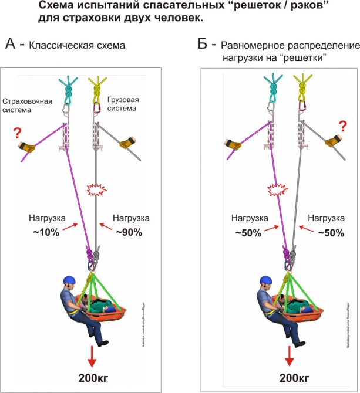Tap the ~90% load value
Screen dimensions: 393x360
(x=130, y=232)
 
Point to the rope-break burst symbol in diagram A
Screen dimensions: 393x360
(x=95, y=189)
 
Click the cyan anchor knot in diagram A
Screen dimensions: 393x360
(x=69, y=88)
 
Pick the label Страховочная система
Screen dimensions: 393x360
(x=27, y=105)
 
